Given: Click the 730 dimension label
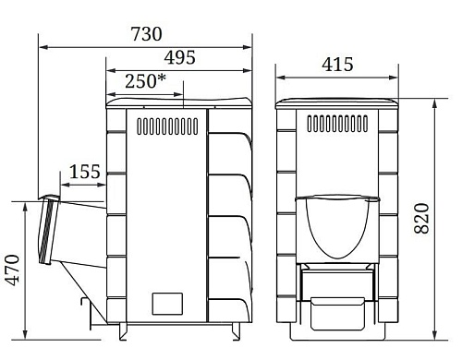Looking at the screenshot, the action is [x=146, y=34].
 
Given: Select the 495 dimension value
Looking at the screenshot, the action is [x=179, y=57].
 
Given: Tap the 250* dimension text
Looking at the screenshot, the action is [x=145, y=81].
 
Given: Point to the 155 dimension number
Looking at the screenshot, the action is [x=85, y=172].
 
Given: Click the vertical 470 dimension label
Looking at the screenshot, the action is [x=14, y=270].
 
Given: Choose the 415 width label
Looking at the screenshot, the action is [x=337, y=65].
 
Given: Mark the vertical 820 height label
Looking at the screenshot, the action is [x=421, y=218].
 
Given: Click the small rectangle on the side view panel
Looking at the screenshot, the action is [x=167, y=304].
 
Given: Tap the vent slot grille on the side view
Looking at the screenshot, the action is [x=167, y=126].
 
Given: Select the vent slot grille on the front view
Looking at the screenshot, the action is [x=337, y=124].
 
